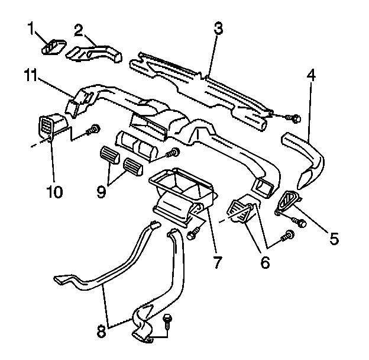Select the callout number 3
tap(218, 29)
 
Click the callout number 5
tap(334, 239)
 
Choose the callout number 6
tap(264, 261)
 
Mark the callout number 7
tap(218, 261)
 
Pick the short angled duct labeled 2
tap(93, 52)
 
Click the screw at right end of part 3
tap(296, 118)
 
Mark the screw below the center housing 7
tap(192, 234)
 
